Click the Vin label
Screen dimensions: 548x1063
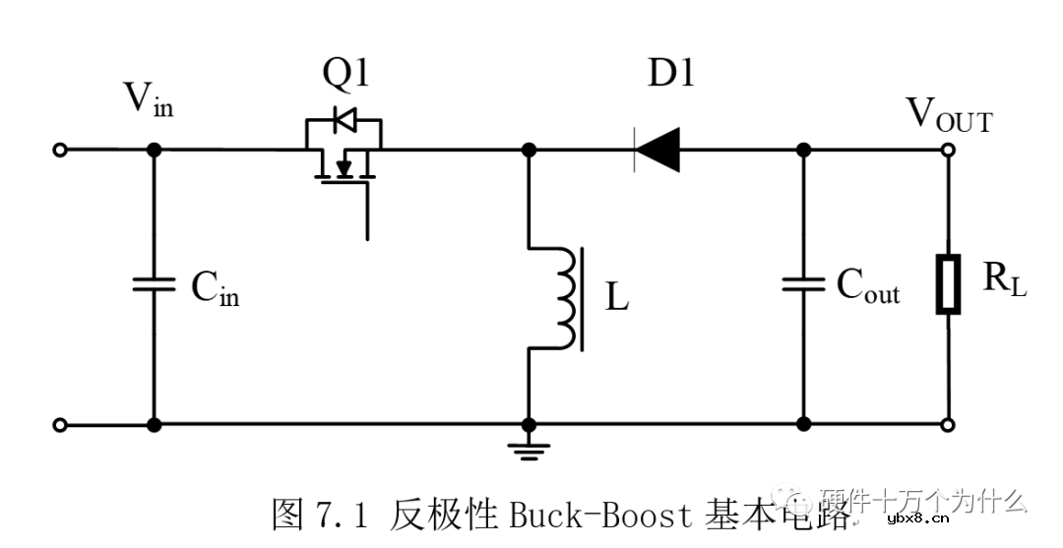148,98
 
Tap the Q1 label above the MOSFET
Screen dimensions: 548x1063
344,74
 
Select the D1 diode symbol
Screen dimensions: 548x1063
657,150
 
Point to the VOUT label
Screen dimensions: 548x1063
949,115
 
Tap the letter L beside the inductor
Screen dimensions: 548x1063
617,297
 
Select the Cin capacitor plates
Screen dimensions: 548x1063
154,284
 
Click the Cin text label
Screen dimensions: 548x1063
215,286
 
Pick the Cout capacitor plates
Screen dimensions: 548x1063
803,284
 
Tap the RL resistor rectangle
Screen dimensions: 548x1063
948,284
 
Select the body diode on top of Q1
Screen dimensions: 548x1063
344,121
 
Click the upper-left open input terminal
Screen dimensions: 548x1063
60,150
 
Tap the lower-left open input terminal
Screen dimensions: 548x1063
60,425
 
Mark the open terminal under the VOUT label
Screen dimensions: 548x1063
948,150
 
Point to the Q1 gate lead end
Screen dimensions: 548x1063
367,236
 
